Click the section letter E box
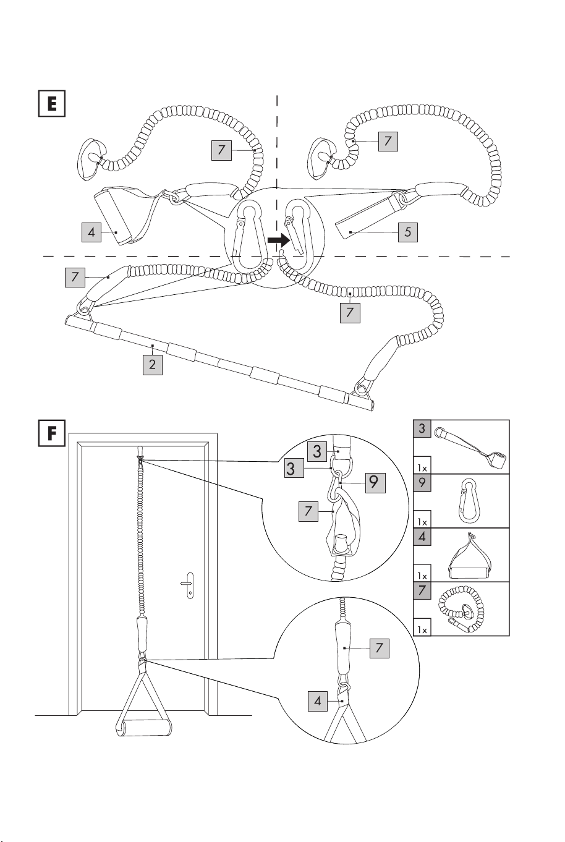pyautogui.click(x=52, y=103)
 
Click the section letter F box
pyautogui.click(x=52, y=433)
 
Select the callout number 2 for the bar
pyautogui.click(x=152, y=364)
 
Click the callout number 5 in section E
pyautogui.click(x=408, y=232)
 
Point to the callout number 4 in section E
pyautogui.click(x=91, y=232)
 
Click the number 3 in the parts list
pyautogui.click(x=422, y=428)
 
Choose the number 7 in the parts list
pyautogui.click(x=422, y=590)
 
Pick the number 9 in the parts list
pyautogui.click(x=422, y=483)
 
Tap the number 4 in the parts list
pyautogui.click(x=422, y=537)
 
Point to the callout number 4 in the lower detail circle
pyautogui.click(x=318, y=701)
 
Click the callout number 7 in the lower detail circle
pyautogui.click(x=379, y=648)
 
